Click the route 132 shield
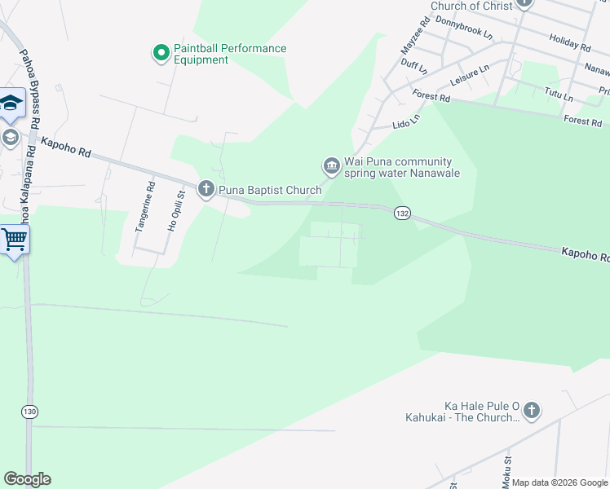click(402, 213)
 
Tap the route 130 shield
click(30, 412)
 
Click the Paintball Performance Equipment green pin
click(161, 54)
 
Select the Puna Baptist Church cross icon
click(206, 190)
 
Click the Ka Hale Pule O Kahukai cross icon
click(531, 411)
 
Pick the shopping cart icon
click(14, 240)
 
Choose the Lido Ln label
click(406, 121)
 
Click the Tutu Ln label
click(559, 95)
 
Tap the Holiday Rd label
click(569, 41)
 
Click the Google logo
click(27, 479)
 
